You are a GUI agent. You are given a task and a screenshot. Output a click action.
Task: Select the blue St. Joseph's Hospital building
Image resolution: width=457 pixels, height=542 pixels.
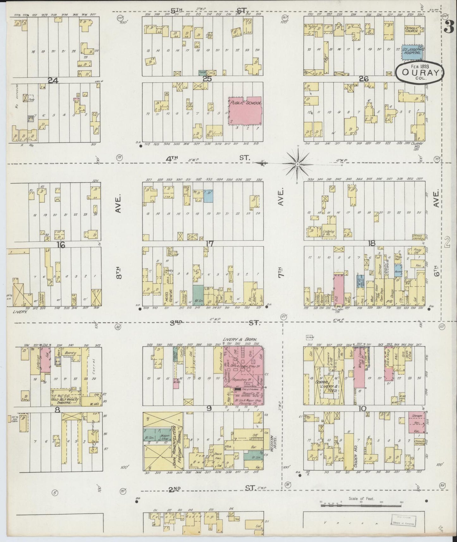[412, 52]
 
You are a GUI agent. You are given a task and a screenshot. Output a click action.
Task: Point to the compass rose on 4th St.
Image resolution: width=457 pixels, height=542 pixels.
[297, 164]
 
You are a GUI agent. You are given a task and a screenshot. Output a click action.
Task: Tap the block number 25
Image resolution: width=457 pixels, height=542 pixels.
[207, 79]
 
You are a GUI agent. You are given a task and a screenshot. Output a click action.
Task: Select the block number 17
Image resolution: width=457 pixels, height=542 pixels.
[209, 244]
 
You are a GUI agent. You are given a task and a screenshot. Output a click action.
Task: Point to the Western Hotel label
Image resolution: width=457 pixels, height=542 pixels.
[274, 443]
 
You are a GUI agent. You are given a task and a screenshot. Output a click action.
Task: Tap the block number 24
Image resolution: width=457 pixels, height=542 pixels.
[53, 81]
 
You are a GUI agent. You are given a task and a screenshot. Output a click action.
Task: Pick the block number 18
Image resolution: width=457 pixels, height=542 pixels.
[372, 243]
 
